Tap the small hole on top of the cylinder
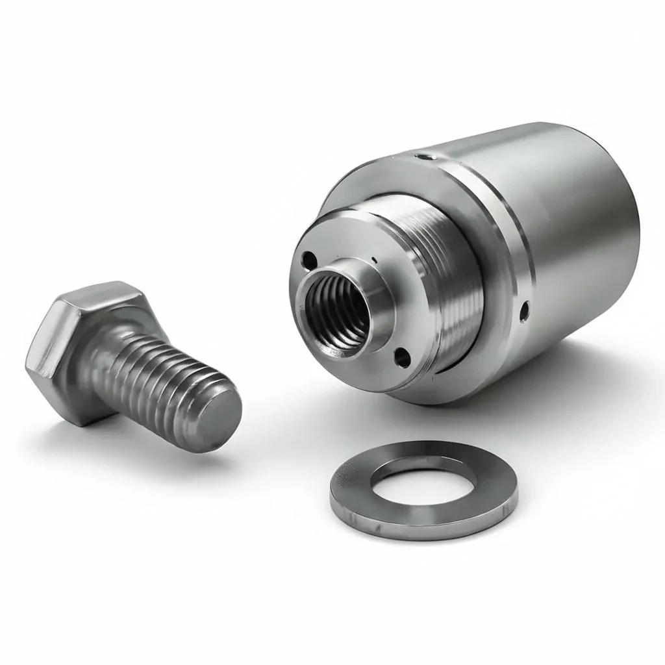pos(423,156)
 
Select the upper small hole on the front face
pos(309,260)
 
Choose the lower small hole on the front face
pos(403,356)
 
